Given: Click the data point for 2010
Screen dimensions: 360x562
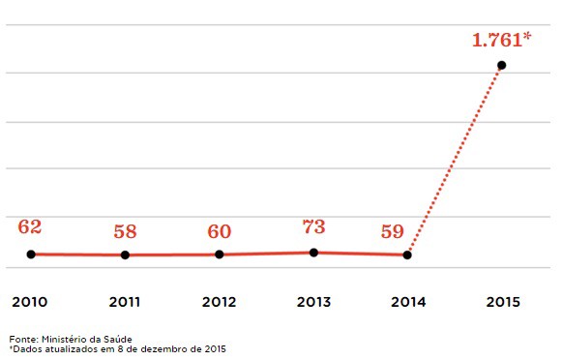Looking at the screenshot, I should point(31,254).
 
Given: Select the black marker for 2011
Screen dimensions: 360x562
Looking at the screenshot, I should point(125,255).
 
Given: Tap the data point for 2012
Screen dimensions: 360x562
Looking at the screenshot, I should point(220,255).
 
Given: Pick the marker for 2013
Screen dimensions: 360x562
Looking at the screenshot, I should point(313,253).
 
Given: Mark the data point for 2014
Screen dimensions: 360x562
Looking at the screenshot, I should point(407,255).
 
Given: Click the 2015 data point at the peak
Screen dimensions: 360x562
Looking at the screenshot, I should point(501,65).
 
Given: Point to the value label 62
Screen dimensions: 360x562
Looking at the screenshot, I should point(30,227).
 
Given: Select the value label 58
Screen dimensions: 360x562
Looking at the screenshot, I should point(125,231).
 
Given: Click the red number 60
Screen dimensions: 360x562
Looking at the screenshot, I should point(220,231).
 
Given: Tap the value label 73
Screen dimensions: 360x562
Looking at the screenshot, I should point(313,226).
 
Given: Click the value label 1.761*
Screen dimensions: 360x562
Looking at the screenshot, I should point(502,41).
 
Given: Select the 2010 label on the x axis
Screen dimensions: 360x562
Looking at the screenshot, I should point(30,302).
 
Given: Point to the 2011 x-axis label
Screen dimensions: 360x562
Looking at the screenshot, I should point(125,302).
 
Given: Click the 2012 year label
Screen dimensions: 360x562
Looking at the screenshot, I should point(220,302).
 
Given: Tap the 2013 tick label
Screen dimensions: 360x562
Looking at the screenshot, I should point(313,302).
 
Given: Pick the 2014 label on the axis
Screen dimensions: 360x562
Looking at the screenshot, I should point(407,302).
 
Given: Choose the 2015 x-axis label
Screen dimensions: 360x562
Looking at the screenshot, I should point(501,302).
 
